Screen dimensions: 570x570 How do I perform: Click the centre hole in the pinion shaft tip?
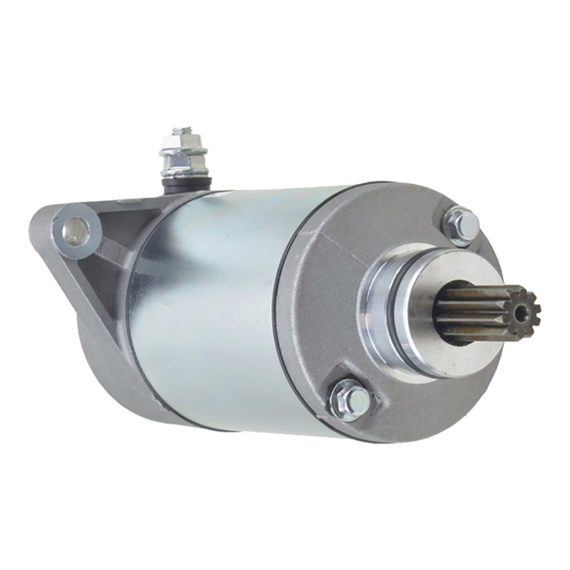[518, 312]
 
